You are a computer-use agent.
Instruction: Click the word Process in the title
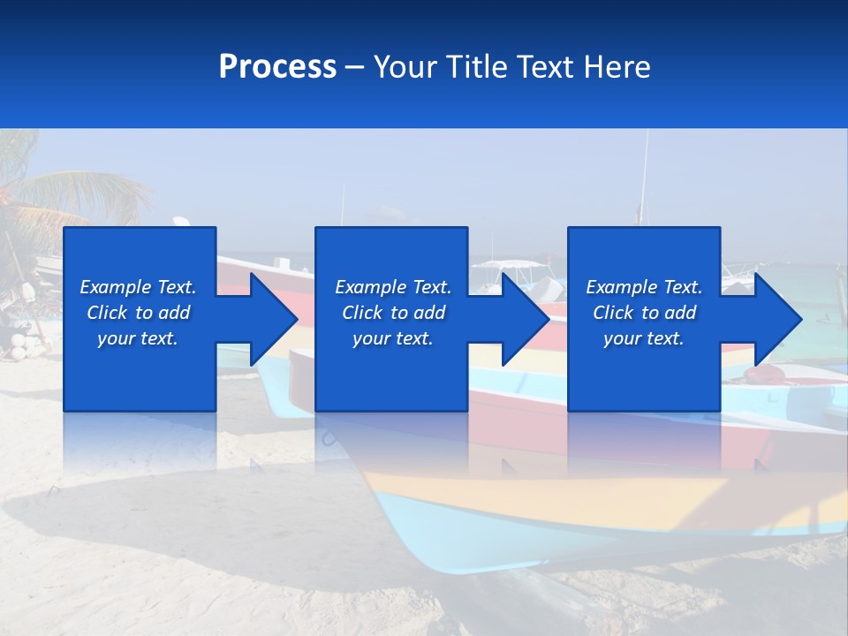(277, 67)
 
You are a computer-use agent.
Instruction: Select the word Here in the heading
(617, 67)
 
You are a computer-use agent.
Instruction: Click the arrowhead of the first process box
(269, 319)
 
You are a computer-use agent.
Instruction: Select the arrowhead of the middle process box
(522, 319)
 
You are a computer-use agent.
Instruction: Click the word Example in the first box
(115, 287)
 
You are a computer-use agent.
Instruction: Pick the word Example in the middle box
(370, 287)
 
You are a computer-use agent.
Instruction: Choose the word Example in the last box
(621, 287)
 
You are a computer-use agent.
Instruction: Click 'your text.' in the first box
(138, 338)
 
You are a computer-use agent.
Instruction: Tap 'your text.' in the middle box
(392, 338)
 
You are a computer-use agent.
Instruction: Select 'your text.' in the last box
(644, 338)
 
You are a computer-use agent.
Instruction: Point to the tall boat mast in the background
(644, 177)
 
